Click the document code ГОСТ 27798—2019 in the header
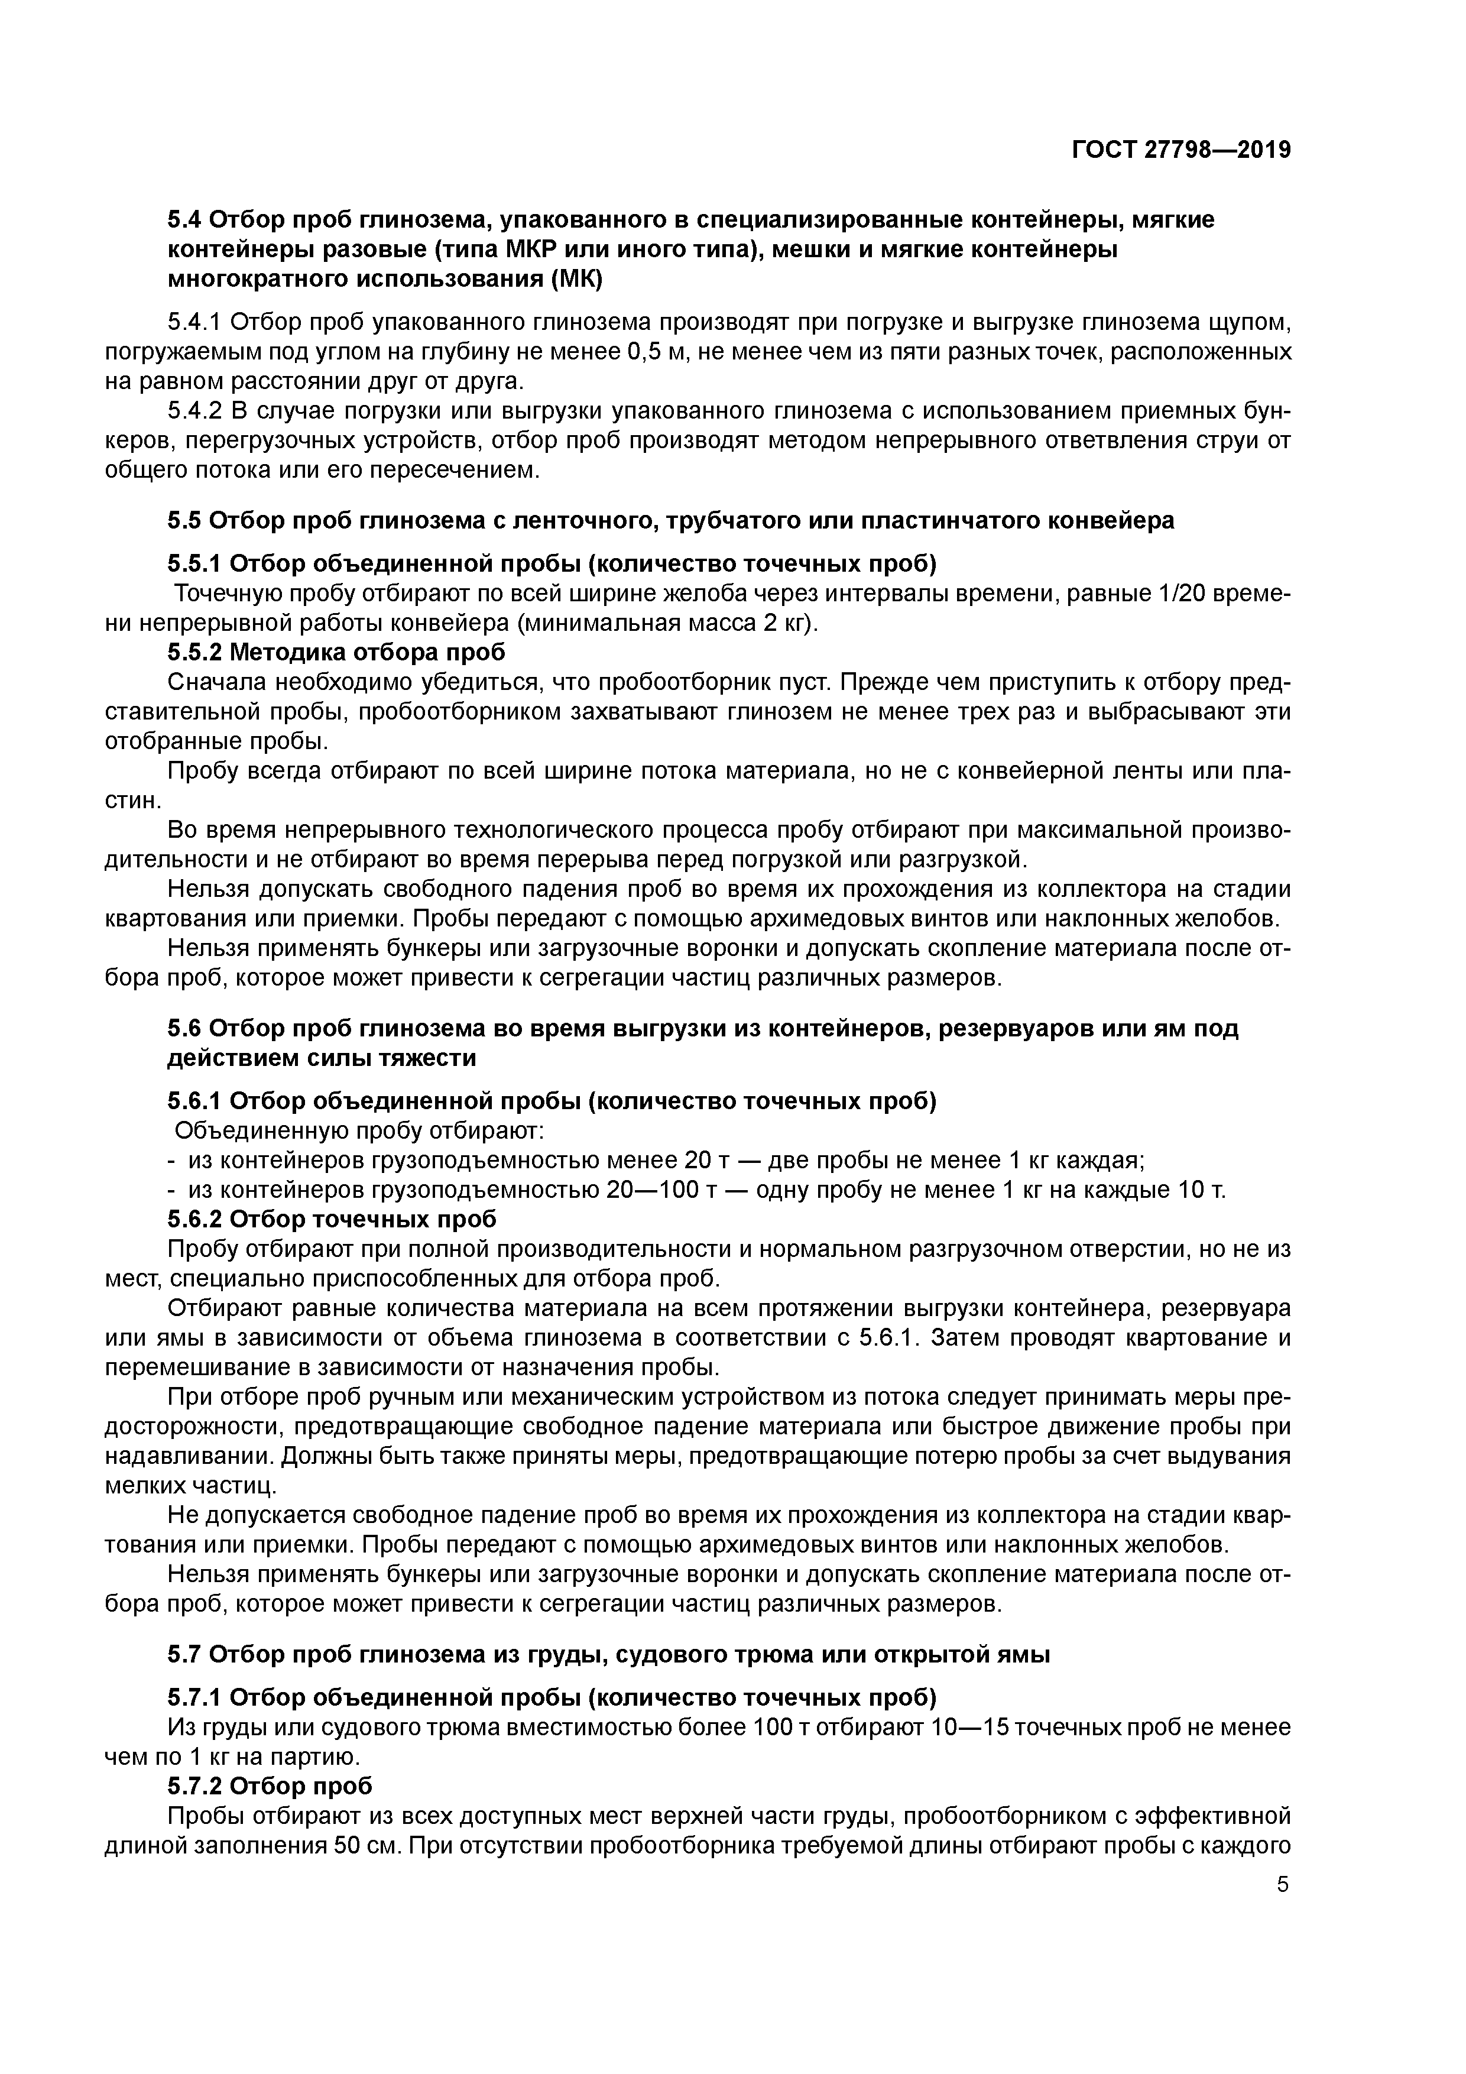pos(1182,150)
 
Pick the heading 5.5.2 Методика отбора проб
pos(336,652)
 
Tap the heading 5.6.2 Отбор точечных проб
pos(332,1220)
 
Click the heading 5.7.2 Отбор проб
pos(269,1787)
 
